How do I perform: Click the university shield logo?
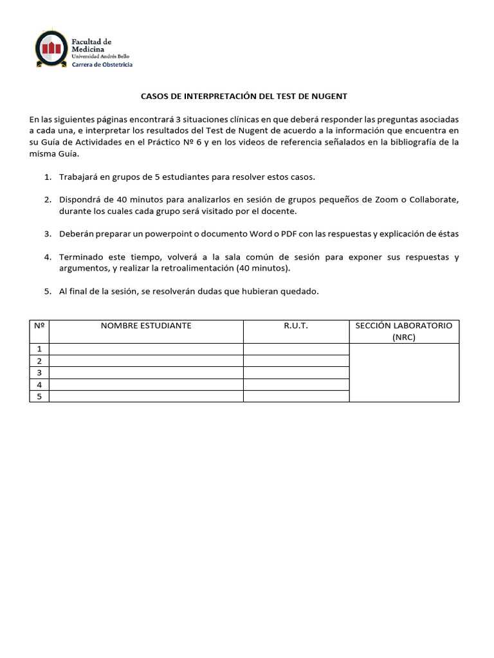pyautogui.click(x=50, y=49)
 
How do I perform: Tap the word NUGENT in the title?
pyautogui.click(x=329, y=96)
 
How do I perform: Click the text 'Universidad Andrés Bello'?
pyautogui.click(x=104, y=57)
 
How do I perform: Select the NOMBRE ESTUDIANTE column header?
pyautogui.click(x=146, y=326)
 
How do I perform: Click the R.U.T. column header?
pyautogui.click(x=296, y=326)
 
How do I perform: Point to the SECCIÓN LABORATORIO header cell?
pyautogui.click(x=404, y=331)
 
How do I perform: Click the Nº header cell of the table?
pyautogui.click(x=39, y=326)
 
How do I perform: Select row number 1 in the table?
pyautogui.click(x=39, y=349)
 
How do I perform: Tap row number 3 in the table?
pyautogui.click(x=39, y=373)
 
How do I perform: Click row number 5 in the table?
pyautogui.click(x=39, y=396)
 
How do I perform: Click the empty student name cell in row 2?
pyautogui.click(x=146, y=361)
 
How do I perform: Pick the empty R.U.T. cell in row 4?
pyautogui.click(x=296, y=385)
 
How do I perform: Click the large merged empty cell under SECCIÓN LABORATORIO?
pyautogui.click(x=404, y=373)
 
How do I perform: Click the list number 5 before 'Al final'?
pyautogui.click(x=48, y=291)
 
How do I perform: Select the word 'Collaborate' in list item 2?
pyautogui.click(x=434, y=200)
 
